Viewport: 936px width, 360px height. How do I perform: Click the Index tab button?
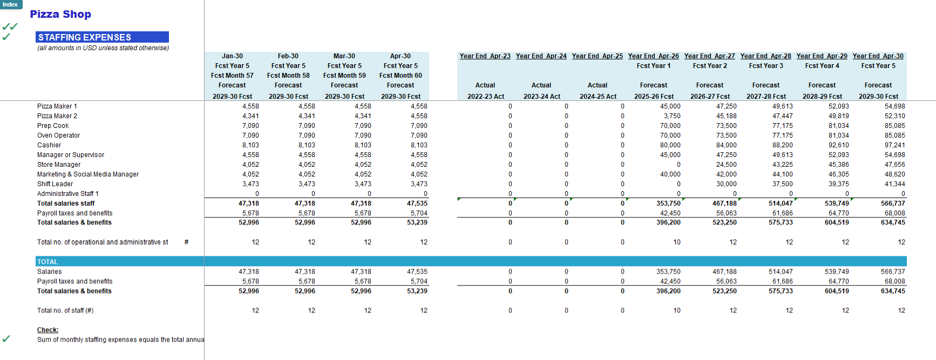click(x=10, y=4)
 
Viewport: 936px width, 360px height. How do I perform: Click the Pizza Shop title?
click(x=60, y=15)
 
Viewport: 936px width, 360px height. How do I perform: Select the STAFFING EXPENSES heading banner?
click(x=102, y=37)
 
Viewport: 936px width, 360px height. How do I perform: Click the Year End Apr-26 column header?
click(x=653, y=56)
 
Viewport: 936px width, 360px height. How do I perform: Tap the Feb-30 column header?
click(x=288, y=56)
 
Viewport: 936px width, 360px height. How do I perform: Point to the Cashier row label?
click(x=49, y=145)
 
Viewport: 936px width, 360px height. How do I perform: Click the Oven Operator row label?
click(x=58, y=135)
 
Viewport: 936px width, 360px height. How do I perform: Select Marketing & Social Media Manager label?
click(x=88, y=174)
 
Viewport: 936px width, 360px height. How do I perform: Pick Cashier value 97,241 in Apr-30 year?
click(x=894, y=145)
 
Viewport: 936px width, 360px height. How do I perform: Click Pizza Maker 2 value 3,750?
click(x=672, y=116)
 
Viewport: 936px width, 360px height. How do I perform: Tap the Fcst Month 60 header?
click(x=401, y=76)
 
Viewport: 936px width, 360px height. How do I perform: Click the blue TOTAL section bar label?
click(x=48, y=262)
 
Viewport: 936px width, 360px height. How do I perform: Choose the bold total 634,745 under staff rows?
click(x=893, y=222)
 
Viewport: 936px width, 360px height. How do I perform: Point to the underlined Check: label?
click(x=48, y=330)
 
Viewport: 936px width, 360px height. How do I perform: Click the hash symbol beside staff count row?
click(x=186, y=242)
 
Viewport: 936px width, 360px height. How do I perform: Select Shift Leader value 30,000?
click(x=726, y=184)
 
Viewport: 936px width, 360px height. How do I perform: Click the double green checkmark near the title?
click(x=10, y=26)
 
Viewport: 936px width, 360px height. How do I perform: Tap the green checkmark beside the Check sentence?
click(x=6, y=339)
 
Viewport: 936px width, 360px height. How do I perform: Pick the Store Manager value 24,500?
click(x=726, y=165)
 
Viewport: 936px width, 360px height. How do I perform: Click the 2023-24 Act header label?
click(x=541, y=97)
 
